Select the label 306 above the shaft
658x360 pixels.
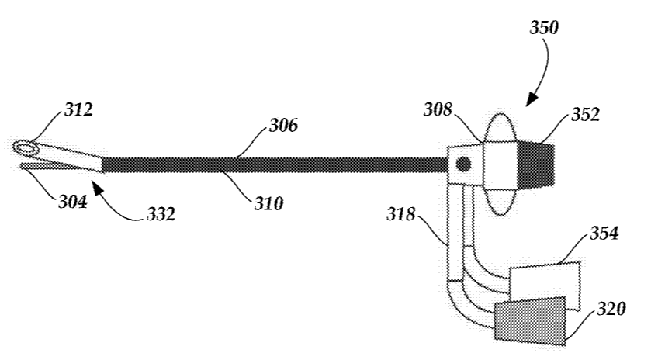[x=283, y=125]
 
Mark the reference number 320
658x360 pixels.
[x=611, y=310]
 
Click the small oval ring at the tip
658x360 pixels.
[x=25, y=146]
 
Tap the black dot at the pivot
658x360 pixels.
[x=463, y=164]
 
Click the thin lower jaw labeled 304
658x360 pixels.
[x=47, y=164]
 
